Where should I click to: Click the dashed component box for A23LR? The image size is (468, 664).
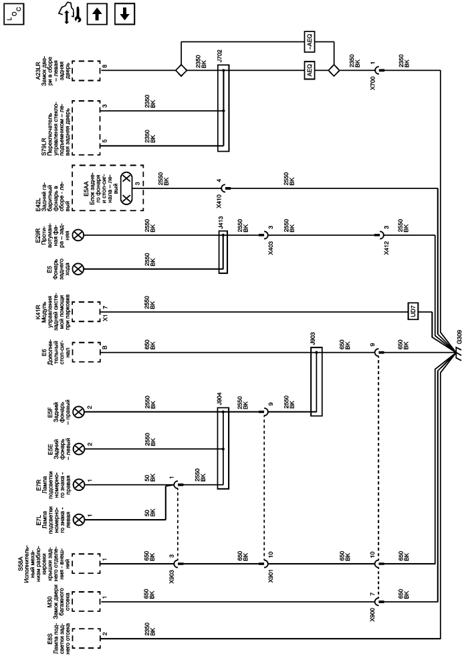(84, 69)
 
